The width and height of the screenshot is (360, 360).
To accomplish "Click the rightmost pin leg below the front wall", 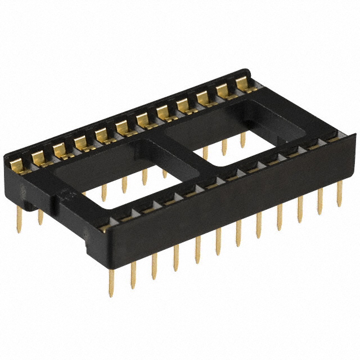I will tap(339, 194).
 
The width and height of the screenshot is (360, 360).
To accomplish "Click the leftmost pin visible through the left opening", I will tap(104, 191).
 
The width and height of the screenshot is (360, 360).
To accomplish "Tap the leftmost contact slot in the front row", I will tap(107, 226).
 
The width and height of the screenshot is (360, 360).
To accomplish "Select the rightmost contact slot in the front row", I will tap(332, 137).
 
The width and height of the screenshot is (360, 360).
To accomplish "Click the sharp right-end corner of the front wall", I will tap(355, 134).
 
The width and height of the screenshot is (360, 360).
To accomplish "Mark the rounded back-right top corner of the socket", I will tap(247, 71).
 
